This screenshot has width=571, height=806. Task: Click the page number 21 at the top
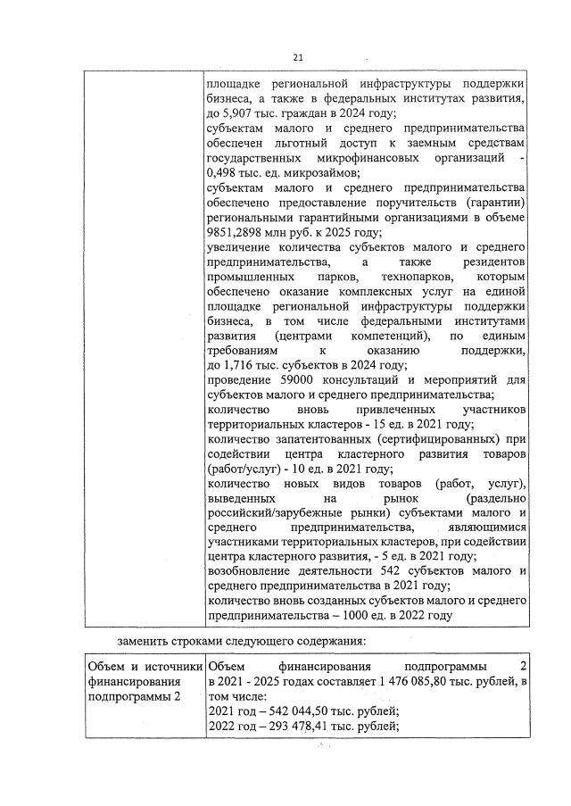[298, 59]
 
